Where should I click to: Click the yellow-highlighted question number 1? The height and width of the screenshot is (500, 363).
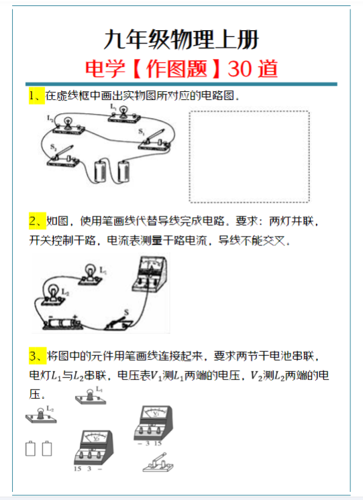36,96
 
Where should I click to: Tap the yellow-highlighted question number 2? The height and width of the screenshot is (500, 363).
36,221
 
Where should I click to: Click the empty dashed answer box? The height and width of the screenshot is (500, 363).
250,156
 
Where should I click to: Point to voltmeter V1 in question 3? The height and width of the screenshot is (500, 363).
156,423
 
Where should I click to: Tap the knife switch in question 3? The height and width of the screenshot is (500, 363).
160,463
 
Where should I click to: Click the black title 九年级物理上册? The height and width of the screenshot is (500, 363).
181,38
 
